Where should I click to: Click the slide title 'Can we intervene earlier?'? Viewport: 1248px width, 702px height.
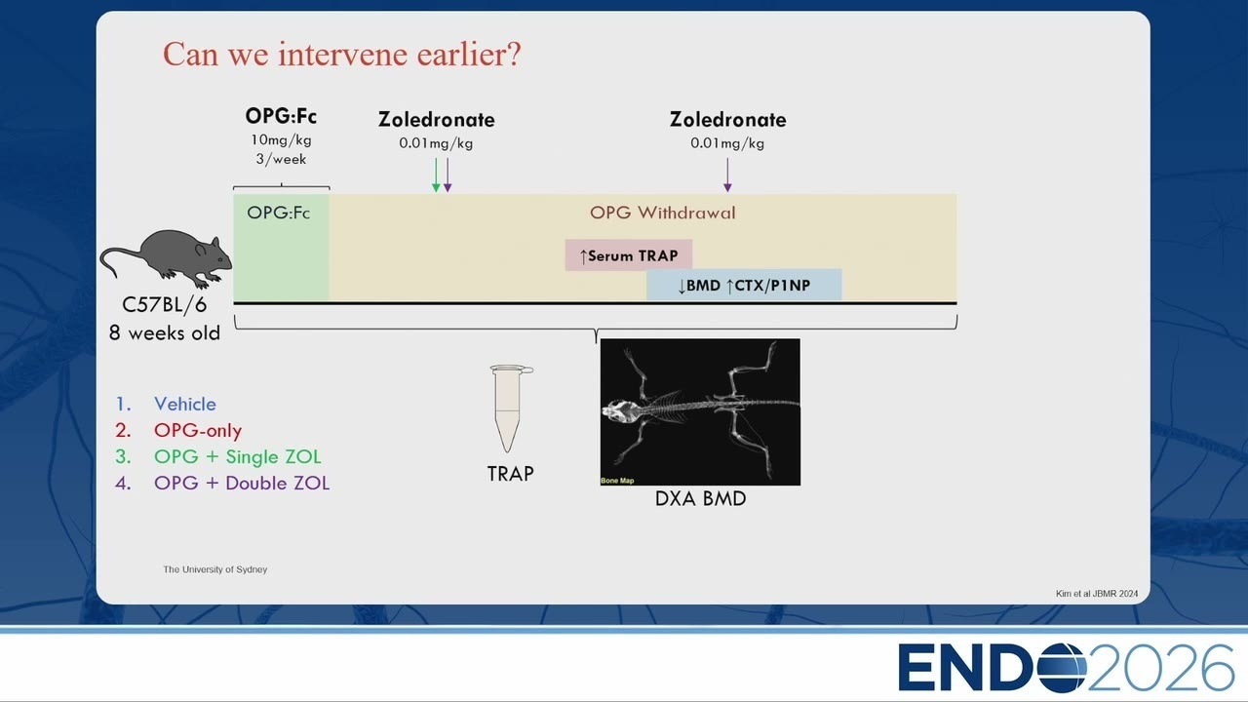(x=341, y=54)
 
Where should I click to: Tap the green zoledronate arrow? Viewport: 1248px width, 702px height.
(x=436, y=175)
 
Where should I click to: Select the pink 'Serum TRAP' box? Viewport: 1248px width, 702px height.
(x=629, y=255)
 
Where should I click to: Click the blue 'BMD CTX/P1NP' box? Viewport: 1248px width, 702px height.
(x=744, y=285)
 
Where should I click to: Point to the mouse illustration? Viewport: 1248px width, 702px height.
(x=166, y=258)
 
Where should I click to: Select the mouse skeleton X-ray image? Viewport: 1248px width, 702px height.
(x=700, y=411)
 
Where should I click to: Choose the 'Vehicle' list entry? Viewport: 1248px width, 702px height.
(x=185, y=404)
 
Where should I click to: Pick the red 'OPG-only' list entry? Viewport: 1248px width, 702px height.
(x=198, y=430)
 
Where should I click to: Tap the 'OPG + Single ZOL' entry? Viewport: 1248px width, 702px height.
(x=237, y=457)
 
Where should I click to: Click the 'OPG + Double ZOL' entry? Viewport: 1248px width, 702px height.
(x=241, y=483)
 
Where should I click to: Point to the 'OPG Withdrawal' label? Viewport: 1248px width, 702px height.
(x=662, y=213)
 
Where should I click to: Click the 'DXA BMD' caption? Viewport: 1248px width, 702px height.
(x=700, y=498)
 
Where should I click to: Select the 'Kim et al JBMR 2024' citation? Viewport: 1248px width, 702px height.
(x=1097, y=594)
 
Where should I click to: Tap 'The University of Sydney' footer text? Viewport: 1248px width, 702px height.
(x=215, y=569)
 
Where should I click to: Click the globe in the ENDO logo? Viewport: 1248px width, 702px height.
(x=1062, y=667)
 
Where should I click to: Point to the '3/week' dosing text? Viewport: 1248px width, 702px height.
(x=281, y=159)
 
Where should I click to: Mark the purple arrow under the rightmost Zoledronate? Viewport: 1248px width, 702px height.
(x=727, y=175)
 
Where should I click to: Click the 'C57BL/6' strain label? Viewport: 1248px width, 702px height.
(x=165, y=305)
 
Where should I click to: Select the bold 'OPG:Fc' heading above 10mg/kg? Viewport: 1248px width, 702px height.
(x=281, y=116)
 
